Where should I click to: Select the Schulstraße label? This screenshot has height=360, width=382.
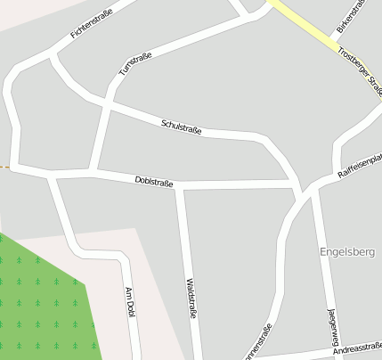pyautogui.click(x=181, y=127)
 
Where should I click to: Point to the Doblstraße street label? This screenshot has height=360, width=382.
pyautogui.click(x=153, y=182)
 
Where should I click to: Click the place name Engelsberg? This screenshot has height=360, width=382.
pyautogui.click(x=347, y=252)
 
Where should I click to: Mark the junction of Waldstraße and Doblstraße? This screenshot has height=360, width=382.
pyautogui.click(x=181, y=185)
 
